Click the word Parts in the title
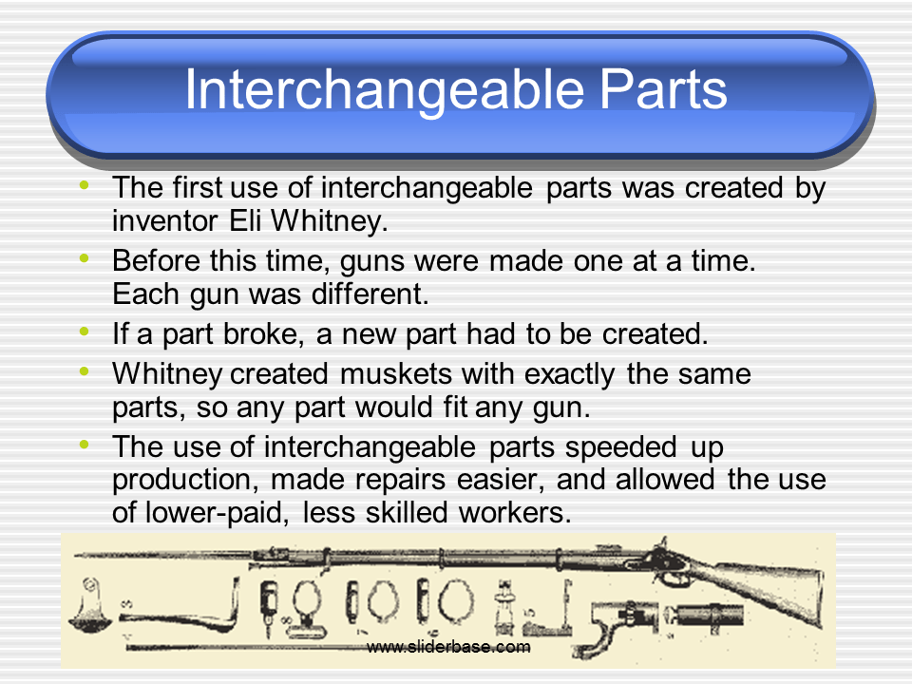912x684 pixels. [x=657, y=91]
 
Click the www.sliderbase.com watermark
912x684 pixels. [x=448, y=647]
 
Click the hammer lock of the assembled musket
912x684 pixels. [x=661, y=556]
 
